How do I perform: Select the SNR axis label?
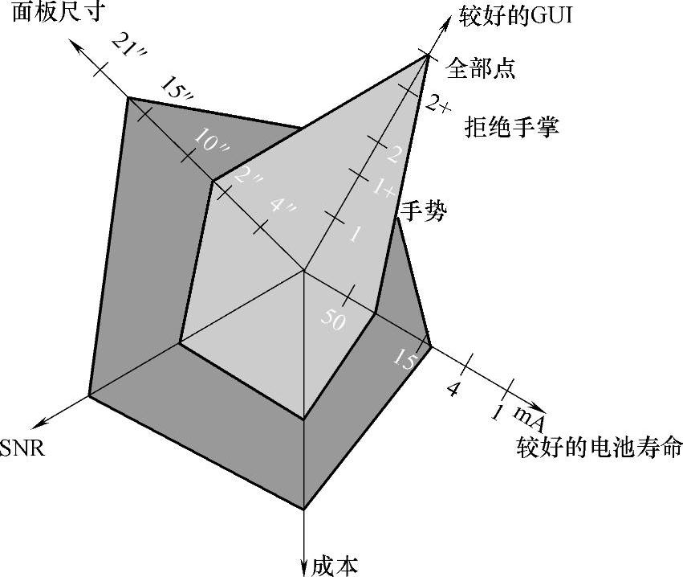click(x=22, y=448)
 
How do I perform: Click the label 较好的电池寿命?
click(x=599, y=447)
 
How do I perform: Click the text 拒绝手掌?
click(x=511, y=126)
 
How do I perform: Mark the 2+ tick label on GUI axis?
click(x=438, y=104)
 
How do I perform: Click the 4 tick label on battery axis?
click(x=453, y=391)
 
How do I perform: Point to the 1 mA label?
click(x=517, y=415)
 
